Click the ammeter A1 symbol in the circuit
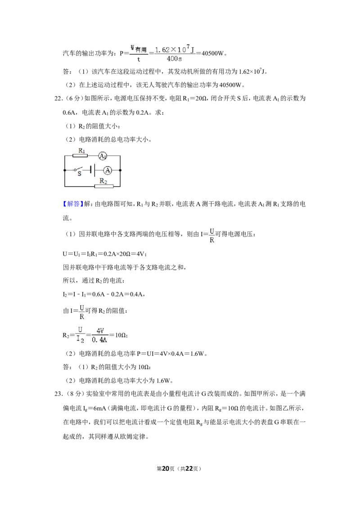(x=103, y=156)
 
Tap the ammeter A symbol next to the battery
(x=108, y=170)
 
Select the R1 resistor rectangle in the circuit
(x=80, y=156)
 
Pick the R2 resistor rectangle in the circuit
(x=104, y=186)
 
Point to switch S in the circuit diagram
(x=79, y=170)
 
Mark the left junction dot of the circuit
(x=65, y=170)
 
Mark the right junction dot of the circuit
(x=120, y=170)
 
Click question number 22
(x=58, y=98)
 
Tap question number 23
(x=58, y=394)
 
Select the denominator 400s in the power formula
(x=174, y=59)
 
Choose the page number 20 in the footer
(x=166, y=469)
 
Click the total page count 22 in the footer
(x=189, y=469)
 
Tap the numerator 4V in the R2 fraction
(x=100, y=331)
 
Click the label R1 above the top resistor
(x=82, y=151)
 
